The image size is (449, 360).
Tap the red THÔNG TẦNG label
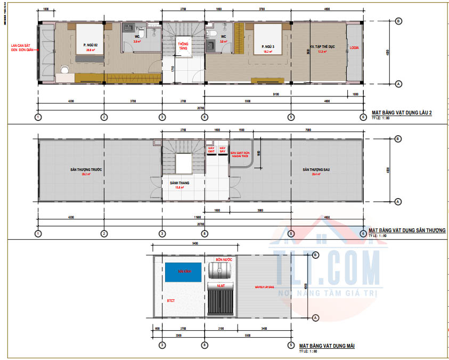tap(184, 46)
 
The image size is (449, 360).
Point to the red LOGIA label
tap(354, 47)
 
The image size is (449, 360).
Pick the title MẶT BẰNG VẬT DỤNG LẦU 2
tap(402, 113)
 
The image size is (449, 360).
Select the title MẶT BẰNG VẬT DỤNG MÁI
tap(326, 346)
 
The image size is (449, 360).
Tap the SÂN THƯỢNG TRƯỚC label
tap(86, 169)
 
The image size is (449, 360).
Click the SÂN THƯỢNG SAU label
tap(314, 169)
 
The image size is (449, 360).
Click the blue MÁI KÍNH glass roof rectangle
tap(183, 272)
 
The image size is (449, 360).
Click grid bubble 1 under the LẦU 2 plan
tap(38, 117)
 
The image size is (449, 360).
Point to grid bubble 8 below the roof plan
tap(205, 345)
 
